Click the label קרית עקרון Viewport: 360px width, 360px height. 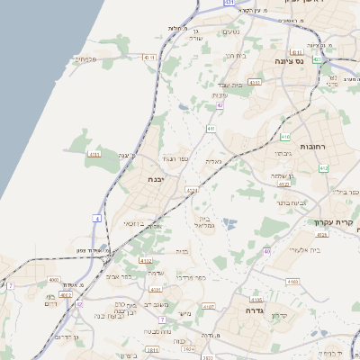click(332, 221)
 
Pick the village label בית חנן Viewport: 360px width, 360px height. click(235, 56)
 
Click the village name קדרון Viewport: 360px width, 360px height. click(276, 314)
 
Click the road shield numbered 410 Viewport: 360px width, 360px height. click(284, 137)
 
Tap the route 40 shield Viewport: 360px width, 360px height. click(267, 251)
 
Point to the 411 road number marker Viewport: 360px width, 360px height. click(211, 130)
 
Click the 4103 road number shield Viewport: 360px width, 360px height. click(292, 282)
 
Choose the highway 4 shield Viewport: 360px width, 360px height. click(96, 218)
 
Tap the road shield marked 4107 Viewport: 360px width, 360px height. click(209, 307)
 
